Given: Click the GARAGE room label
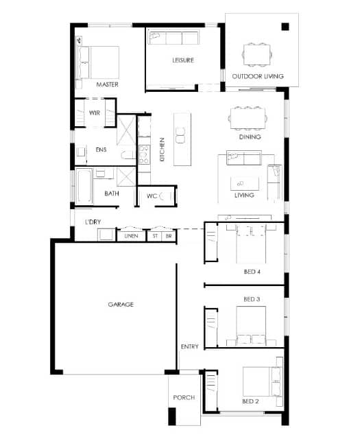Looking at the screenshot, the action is [121, 305].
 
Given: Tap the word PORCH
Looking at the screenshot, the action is [184, 397].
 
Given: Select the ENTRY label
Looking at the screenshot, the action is [190, 346].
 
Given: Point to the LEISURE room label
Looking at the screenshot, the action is [183, 60].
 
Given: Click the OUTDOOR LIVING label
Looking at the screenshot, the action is [258, 76].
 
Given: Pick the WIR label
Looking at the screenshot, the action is [95, 113].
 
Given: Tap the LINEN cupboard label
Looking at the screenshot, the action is [131, 236].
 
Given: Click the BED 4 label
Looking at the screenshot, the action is [252, 272].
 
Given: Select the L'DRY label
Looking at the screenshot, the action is [93, 222].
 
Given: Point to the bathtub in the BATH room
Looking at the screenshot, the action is [84, 186].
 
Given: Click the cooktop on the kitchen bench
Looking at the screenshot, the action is [144, 154].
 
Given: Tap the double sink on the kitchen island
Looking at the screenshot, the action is [180, 135].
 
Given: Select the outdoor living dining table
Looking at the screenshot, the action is [257, 55].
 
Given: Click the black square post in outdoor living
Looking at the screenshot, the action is [285, 27].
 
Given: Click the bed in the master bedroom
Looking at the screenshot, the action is [98, 62].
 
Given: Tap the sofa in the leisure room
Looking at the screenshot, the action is [173, 38].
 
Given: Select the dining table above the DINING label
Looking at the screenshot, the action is [248, 119].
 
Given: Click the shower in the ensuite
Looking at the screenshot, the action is [126, 130].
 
